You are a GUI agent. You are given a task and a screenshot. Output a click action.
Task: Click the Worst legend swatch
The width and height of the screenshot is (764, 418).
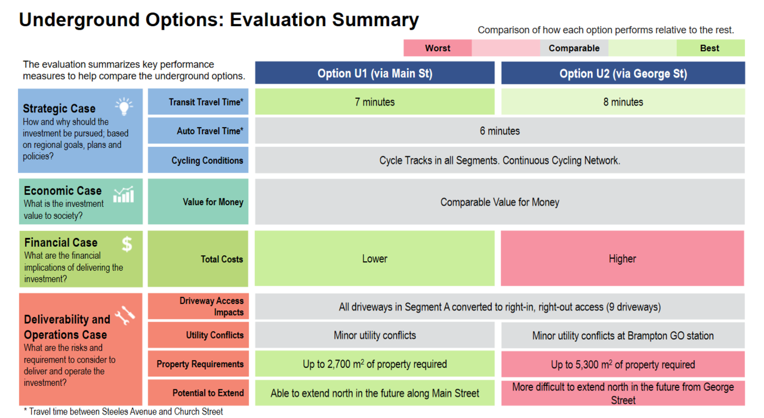coord(438,48)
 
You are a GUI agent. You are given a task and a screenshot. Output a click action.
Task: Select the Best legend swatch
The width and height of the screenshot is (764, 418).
coord(710,48)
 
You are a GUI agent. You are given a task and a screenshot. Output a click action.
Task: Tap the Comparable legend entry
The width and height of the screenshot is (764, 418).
coord(574,48)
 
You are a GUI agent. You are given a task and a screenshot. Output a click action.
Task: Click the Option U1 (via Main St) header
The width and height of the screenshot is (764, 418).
coord(375,73)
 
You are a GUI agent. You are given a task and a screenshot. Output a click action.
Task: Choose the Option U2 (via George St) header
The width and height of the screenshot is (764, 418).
coord(623,73)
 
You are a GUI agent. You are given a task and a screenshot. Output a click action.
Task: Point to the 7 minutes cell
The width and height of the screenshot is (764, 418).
coord(375,101)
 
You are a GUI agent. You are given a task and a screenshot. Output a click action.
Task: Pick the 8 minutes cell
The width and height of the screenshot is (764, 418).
coord(623,101)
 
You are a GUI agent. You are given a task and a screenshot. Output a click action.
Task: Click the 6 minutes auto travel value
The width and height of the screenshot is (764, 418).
coord(500,131)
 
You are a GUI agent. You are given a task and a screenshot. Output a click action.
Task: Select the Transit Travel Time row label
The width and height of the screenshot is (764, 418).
coord(198,101)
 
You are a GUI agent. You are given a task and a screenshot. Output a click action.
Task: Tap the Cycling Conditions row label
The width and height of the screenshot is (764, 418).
coord(198,160)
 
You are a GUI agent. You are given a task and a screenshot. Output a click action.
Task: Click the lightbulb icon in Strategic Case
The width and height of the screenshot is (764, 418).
coord(124,106)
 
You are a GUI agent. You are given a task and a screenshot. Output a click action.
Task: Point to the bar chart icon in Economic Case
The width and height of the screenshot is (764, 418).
coord(124,194)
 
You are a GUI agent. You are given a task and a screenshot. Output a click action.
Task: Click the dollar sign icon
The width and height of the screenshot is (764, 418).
coord(127,244)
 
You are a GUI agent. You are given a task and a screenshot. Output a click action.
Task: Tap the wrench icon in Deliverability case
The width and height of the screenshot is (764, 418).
coord(125,315)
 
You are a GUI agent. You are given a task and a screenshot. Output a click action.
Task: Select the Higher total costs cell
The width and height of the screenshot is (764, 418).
coord(623,258)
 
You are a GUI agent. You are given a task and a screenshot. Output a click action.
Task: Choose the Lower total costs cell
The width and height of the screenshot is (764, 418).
coord(375,258)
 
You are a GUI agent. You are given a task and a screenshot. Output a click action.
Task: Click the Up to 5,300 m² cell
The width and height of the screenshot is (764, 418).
coord(623,364)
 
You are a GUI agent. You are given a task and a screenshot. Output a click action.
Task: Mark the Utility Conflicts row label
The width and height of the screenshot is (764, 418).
coord(198,335)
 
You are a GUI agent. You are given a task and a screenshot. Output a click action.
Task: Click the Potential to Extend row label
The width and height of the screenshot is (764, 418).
coord(198,393)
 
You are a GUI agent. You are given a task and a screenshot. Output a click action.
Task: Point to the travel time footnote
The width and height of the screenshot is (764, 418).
coord(123,411)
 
